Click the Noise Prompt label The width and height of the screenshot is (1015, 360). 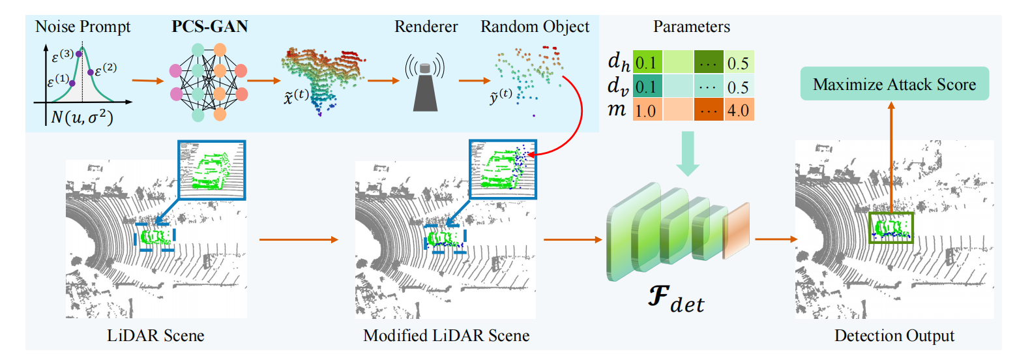(83, 27)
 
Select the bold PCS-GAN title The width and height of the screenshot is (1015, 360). (209, 26)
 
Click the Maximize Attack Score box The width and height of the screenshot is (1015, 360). (894, 84)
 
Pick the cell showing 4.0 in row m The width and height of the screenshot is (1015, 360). (739, 110)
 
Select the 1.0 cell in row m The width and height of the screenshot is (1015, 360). (647, 110)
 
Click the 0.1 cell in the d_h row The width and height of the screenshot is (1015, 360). (647, 62)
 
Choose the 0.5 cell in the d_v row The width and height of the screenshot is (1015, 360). (739, 86)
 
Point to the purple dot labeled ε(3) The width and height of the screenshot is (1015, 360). (79, 54)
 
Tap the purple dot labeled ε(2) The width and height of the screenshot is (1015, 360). (90, 72)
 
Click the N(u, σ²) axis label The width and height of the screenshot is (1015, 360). (82, 117)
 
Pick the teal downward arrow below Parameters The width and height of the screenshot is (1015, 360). (688, 154)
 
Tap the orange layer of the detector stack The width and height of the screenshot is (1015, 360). (736, 232)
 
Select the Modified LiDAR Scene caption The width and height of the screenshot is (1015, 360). (447, 336)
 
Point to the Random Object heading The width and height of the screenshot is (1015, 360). (535, 27)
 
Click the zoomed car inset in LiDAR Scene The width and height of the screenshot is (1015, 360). (212, 170)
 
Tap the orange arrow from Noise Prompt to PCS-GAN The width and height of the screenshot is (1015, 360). (148, 81)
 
